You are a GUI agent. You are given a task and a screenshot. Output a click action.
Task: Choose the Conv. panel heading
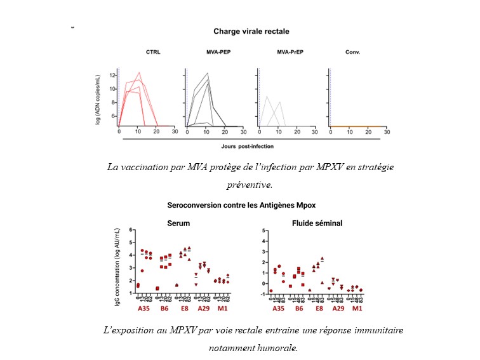[354, 53]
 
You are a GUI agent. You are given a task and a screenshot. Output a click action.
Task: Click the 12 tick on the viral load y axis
[112, 75]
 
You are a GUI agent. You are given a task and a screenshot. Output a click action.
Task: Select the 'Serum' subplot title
[178, 223]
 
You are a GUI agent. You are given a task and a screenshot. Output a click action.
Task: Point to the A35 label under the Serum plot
[145, 309]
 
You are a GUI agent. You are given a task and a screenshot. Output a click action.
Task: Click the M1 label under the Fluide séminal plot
[357, 309]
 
